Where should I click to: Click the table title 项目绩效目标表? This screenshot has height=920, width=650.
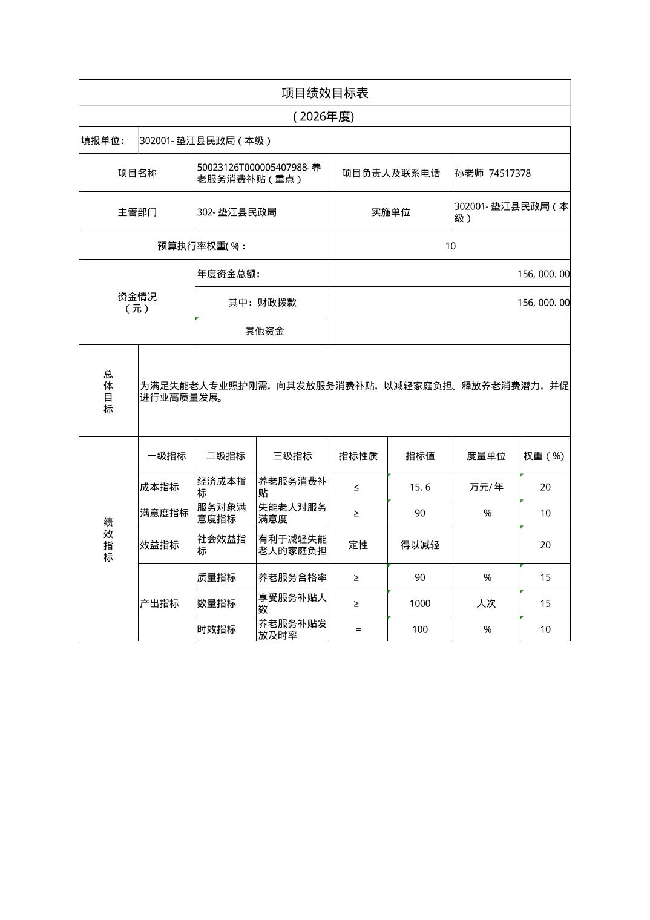pos(325,93)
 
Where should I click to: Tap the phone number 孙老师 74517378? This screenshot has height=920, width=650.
pos(493,173)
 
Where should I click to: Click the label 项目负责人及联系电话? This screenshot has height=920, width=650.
pos(391,173)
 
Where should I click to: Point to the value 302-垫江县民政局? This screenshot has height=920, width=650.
pos(237,212)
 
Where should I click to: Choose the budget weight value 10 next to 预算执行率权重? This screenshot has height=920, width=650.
pos(450,246)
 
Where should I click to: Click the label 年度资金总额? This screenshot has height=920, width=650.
pos(229,274)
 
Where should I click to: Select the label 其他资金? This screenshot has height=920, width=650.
pos(264,331)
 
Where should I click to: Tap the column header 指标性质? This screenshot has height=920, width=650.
pos(358,456)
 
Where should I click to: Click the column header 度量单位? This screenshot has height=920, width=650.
pos(486,456)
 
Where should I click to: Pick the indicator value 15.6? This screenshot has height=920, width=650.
pos(420,487)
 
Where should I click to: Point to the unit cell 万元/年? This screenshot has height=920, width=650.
pos(486,487)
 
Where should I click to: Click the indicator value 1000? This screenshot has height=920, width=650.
pos(420,603)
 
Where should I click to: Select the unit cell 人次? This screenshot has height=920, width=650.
pos(486,603)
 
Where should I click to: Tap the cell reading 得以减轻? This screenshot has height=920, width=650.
pos(420,545)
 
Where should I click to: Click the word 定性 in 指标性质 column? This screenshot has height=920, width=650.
pos(358,545)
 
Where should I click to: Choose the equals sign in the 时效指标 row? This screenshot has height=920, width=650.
pos(358,629)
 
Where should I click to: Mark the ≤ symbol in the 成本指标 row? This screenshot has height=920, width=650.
pos(356,487)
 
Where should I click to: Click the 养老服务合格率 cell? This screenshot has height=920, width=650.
pos(292,577)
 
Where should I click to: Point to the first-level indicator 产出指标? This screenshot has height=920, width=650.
pos(159,603)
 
